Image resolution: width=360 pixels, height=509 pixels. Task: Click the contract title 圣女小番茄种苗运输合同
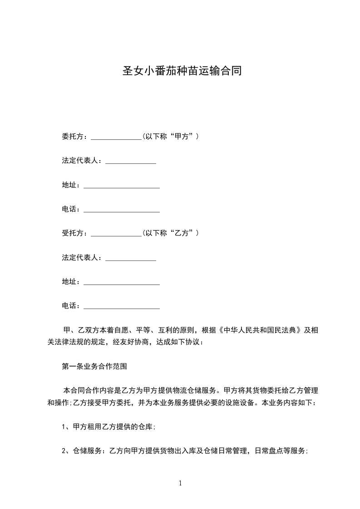182,71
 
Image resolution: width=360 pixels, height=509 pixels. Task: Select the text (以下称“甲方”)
170,137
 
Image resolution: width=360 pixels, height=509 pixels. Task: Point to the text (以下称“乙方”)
170,234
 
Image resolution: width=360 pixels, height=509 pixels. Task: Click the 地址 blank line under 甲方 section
122,186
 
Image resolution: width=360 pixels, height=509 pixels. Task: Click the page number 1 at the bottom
180,484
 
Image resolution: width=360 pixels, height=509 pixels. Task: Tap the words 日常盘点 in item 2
269,451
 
